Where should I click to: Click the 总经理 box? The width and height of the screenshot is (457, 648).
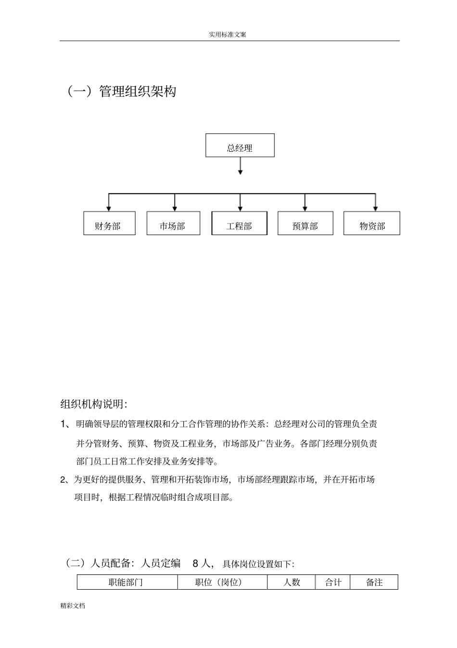[x=240, y=145]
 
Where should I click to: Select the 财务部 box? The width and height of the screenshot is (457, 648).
[x=109, y=224]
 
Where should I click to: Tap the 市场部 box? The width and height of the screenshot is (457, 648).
[x=173, y=224]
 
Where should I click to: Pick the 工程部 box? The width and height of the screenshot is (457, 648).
[x=239, y=224]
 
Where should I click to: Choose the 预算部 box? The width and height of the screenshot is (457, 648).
[x=305, y=224]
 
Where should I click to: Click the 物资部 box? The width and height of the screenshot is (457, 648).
[x=371, y=224]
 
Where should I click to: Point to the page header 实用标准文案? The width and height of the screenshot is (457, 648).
[x=228, y=35]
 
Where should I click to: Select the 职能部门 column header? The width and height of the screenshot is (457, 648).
[x=126, y=582]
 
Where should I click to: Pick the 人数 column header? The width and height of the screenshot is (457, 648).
[x=292, y=582]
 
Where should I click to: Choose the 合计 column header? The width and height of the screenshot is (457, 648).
[x=333, y=582]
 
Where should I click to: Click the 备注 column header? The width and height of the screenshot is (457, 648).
[x=374, y=582]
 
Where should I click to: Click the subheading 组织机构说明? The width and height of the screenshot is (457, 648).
[x=93, y=404]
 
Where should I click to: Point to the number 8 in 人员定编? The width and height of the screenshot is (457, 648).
[x=195, y=563]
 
